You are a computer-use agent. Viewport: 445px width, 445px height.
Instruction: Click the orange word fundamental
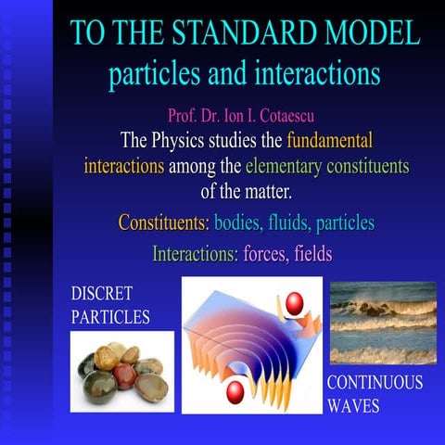pyautogui.click(x=330, y=142)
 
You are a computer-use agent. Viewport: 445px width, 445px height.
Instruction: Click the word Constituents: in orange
pyautogui.click(x=163, y=223)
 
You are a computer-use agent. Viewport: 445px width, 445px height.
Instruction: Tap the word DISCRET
pyautogui.click(x=102, y=295)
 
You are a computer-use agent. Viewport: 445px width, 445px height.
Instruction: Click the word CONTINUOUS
pyautogui.click(x=375, y=383)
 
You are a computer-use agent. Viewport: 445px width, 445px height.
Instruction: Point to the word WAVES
pyautogui.click(x=353, y=405)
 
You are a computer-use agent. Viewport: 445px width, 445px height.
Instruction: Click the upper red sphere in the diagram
pyautogui.click(x=295, y=303)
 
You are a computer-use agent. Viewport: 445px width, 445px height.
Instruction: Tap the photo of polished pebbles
pyautogui.click(x=121, y=371)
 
